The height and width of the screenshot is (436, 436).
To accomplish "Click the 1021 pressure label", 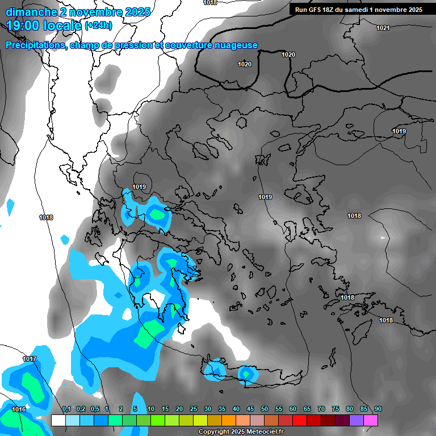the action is click(x=383, y=28).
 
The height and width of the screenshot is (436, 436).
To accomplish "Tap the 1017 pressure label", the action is click(x=30, y=359).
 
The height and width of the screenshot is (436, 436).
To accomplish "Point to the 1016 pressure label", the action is click(x=19, y=409).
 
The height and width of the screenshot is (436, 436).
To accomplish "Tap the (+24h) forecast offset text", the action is click(x=98, y=26).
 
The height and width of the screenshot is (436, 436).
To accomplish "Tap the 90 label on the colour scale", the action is click(x=378, y=409).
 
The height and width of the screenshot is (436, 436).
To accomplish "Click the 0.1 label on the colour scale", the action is click(x=66, y=409).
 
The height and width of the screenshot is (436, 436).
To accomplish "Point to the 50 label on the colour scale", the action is click(x=265, y=409).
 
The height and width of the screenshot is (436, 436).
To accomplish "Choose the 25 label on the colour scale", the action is click(x=194, y=409).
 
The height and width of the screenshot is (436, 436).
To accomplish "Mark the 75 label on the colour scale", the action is click(x=336, y=409).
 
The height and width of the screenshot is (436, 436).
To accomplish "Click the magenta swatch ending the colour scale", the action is click(x=371, y=420).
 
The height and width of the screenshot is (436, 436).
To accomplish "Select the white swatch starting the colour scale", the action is click(x=58, y=420).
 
